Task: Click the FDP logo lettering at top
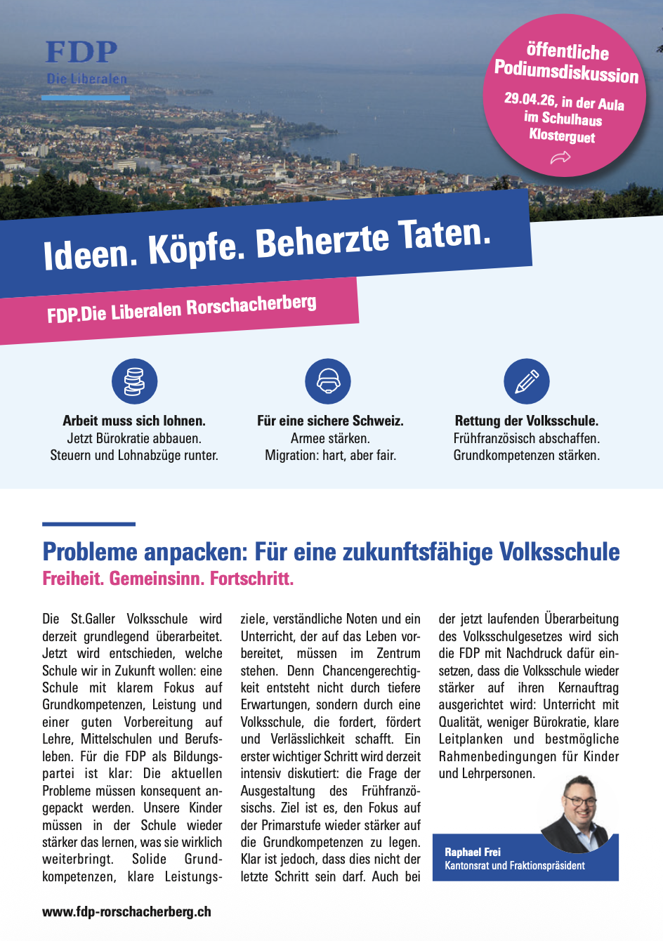point(81,53)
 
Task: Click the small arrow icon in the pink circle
point(560,158)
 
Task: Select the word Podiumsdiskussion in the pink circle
point(566,72)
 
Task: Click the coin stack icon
point(134,381)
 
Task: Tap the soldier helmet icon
point(328,381)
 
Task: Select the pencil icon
point(527,381)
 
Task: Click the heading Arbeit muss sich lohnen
point(134,421)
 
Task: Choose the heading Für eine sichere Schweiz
point(330,421)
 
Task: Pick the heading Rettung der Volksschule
point(527,421)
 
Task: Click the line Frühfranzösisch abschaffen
point(527,438)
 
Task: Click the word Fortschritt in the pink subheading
point(251,579)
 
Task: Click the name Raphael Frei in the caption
point(473,852)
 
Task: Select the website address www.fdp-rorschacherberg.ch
point(126,912)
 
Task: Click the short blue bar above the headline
point(88,524)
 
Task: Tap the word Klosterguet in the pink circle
point(562,135)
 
